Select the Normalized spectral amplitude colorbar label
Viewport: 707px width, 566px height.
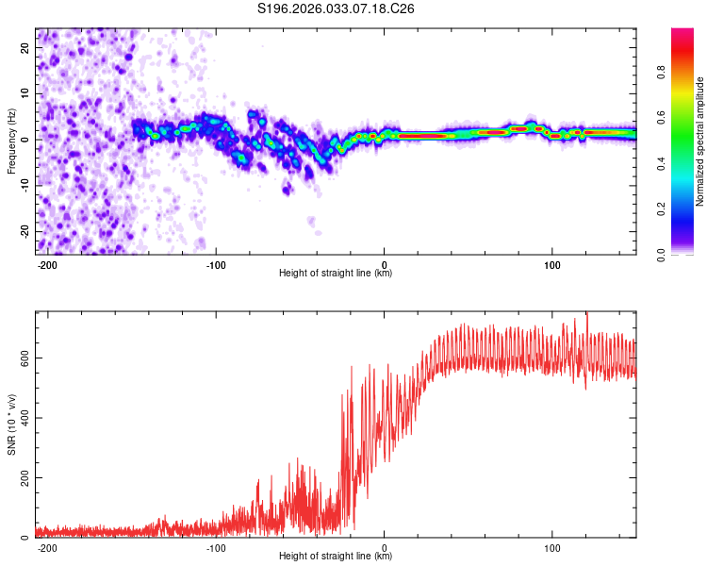699,141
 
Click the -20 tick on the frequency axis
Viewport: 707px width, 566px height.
25,231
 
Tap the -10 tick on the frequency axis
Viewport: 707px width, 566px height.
25,185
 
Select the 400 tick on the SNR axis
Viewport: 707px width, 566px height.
24,418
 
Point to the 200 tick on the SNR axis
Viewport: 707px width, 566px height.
24,478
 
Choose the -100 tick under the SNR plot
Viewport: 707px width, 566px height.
216,547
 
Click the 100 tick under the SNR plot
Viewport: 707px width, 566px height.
552,547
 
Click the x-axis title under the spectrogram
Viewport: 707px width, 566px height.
336,274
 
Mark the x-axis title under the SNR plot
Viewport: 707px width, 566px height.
336,557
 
